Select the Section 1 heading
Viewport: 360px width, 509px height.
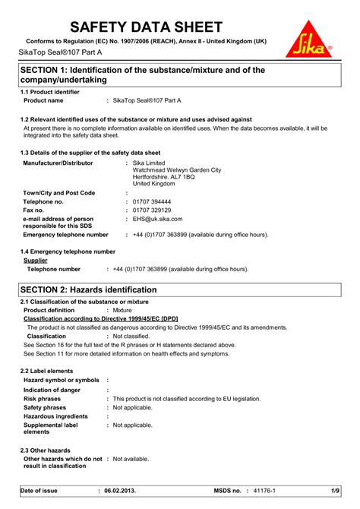(x=142, y=74)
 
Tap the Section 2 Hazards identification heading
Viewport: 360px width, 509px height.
(x=88, y=290)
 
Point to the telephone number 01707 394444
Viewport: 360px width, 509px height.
(x=152, y=202)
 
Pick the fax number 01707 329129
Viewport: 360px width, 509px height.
(x=152, y=210)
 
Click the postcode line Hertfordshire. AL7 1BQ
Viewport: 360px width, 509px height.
(x=163, y=177)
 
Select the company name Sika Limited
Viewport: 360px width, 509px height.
(x=150, y=163)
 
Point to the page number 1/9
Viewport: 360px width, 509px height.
(x=335, y=492)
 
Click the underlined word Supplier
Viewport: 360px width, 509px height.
(x=36, y=260)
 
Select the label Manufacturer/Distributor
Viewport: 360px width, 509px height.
(x=58, y=163)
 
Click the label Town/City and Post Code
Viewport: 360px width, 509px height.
(x=59, y=194)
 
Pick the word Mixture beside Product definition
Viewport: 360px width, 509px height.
(x=122, y=311)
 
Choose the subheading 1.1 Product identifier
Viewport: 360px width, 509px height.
(x=50, y=92)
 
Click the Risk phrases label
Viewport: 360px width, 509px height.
(x=43, y=398)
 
